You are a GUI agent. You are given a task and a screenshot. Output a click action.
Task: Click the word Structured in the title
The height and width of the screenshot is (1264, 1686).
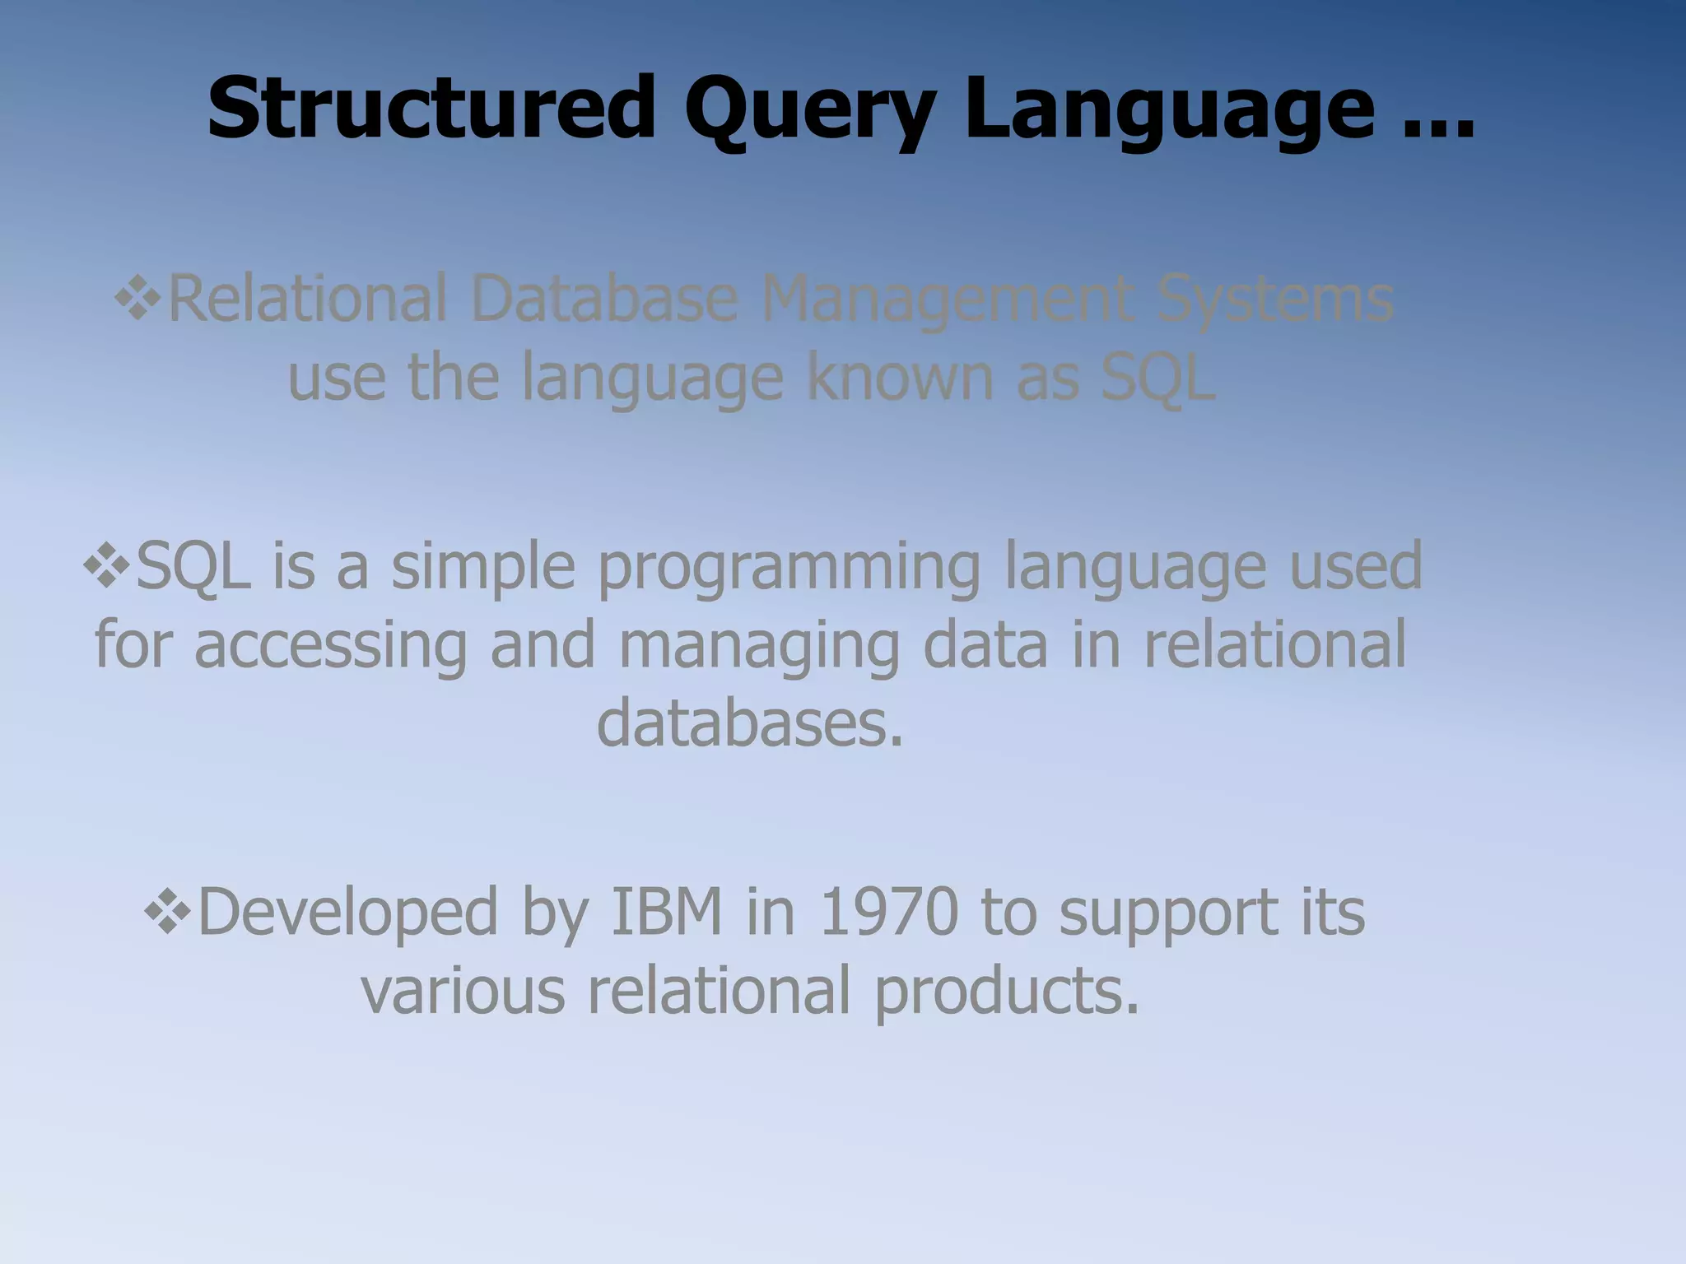click(431, 109)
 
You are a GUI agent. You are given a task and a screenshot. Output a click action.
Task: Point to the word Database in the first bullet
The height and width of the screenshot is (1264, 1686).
click(603, 298)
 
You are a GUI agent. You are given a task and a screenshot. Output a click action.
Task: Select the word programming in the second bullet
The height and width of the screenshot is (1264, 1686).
click(789, 569)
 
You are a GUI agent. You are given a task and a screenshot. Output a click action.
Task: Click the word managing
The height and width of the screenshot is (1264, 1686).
click(759, 647)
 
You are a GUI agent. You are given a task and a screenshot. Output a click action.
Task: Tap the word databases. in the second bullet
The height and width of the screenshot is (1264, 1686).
click(749, 723)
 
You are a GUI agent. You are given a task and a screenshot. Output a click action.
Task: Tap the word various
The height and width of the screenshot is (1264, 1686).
click(463, 990)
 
